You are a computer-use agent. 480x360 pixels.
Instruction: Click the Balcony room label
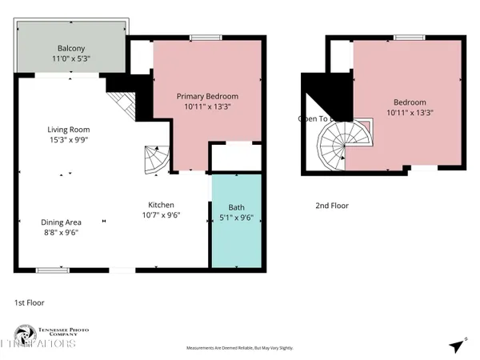tap(71, 46)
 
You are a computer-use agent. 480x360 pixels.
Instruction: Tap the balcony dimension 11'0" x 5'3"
tap(71, 58)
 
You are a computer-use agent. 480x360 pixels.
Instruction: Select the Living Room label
tap(67, 130)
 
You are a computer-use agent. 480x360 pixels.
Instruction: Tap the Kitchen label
tap(161, 205)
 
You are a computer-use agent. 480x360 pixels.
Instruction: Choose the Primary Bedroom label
tap(207, 96)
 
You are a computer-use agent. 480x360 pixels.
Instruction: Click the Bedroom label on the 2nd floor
tap(409, 102)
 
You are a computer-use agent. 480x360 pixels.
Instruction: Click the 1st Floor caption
tap(30, 302)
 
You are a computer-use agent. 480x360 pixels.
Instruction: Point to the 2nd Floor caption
tap(331, 206)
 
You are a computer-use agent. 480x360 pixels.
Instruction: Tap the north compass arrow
tap(457, 346)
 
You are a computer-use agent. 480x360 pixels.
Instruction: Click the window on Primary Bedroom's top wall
tap(206, 37)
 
